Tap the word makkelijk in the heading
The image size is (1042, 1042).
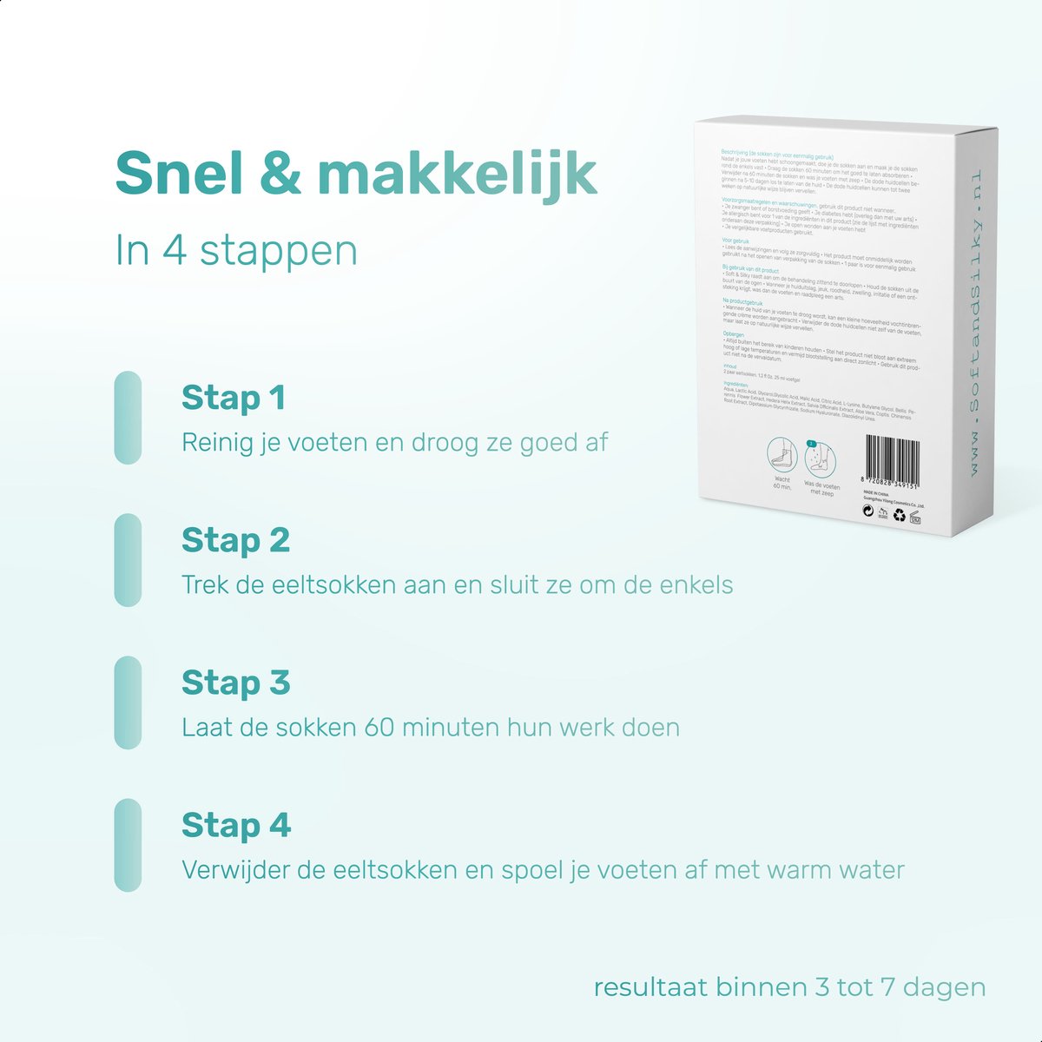tap(458, 173)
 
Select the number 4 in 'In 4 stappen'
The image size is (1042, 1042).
tap(175, 250)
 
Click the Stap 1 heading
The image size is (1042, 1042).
tap(233, 399)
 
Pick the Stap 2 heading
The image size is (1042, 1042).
tap(235, 541)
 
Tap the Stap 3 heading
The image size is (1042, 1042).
tap(235, 683)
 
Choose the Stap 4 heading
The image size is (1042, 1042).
tap(235, 826)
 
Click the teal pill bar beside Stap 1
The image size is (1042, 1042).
tap(128, 418)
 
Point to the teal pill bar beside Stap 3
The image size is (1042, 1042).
tap(128, 702)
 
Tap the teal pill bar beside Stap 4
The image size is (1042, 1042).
tap(128, 845)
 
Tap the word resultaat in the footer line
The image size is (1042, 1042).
tap(650, 988)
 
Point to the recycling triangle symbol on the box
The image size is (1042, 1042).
tap(900, 515)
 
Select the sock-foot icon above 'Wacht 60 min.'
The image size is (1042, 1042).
tap(781, 455)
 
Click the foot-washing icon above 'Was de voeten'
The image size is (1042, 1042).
tap(821, 457)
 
